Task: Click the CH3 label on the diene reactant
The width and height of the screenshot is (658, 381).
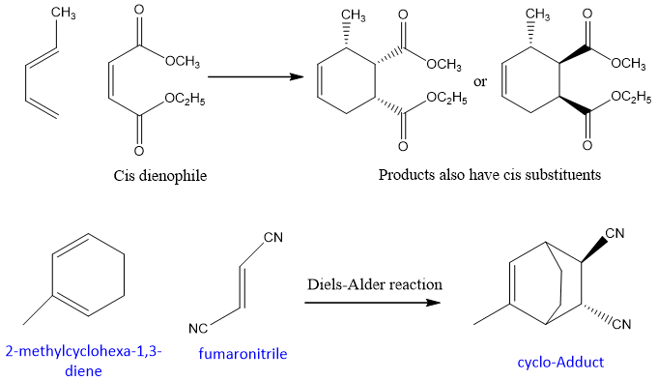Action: point(64,14)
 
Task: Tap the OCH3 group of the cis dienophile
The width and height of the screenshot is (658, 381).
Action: point(183,62)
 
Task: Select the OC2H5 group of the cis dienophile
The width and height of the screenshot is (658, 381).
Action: point(185,100)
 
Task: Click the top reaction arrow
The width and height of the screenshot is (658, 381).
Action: point(255,76)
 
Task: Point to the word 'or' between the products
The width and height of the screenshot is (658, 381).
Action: point(480,82)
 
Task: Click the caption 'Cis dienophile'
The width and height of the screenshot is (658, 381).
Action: point(159,175)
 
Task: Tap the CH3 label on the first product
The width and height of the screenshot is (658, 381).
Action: point(353,15)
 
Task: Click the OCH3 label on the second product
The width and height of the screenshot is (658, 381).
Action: point(628,63)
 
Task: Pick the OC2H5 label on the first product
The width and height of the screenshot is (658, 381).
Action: point(446,99)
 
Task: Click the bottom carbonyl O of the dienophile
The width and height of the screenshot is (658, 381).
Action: point(139,151)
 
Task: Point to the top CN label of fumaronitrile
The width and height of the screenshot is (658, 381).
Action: point(273,237)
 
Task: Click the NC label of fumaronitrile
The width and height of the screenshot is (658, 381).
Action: point(198,328)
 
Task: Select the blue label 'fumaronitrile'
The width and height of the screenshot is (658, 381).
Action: point(243,354)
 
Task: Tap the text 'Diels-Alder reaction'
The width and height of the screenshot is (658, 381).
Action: point(375,284)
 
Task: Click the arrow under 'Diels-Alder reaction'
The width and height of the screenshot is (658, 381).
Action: point(373,303)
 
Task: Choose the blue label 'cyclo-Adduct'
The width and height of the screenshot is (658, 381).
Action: point(560,362)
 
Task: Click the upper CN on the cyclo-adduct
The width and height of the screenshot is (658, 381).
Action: point(615,233)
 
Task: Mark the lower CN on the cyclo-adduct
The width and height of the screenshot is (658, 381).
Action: point(621,324)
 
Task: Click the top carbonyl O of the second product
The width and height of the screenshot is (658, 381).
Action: point(587,14)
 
